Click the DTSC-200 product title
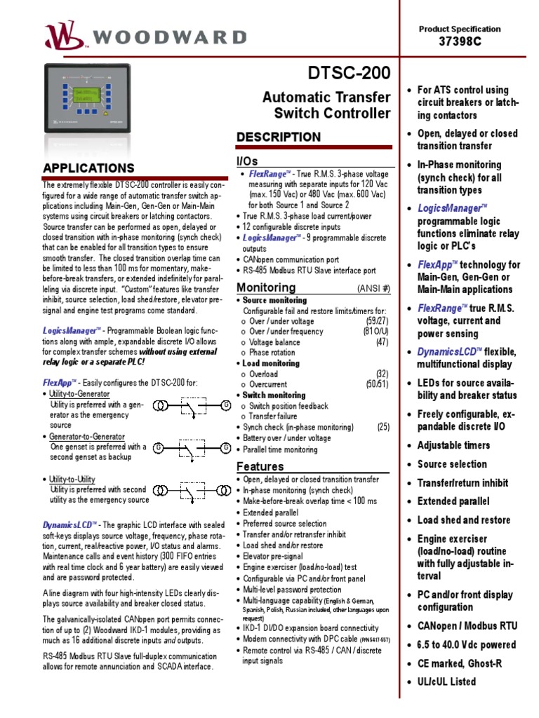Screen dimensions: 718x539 [x=350, y=74]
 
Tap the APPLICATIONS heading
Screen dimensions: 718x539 [x=88, y=168]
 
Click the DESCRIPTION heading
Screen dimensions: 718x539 [x=279, y=137]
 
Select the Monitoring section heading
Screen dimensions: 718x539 [x=266, y=287]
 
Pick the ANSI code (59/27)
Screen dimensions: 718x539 [x=376, y=321]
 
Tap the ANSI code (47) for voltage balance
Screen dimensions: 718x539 [x=381, y=342]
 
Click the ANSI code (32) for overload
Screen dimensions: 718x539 [x=381, y=374]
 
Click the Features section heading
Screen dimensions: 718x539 [x=260, y=466]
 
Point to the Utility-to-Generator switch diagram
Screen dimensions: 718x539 [x=193, y=406]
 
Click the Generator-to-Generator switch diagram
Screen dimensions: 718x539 [x=193, y=447]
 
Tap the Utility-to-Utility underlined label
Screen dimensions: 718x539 [x=72, y=479]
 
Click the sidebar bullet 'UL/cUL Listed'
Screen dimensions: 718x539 [x=446, y=682]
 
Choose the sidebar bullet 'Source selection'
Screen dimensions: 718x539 [x=452, y=464]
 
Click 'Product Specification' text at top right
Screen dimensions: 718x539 [x=460, y=29]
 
